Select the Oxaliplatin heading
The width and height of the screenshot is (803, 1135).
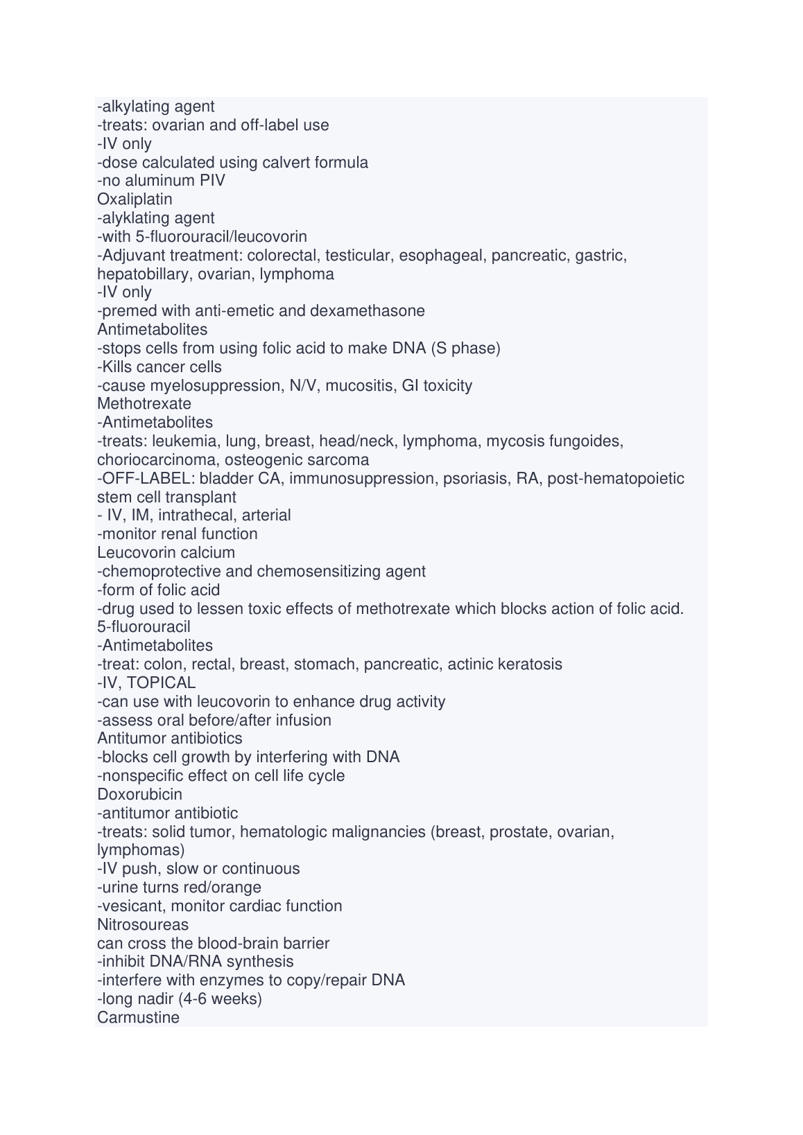(x=135, y=200)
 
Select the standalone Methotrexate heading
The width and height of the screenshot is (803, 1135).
(x=144, y=404)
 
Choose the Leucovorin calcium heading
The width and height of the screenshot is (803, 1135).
(x=166, y=553)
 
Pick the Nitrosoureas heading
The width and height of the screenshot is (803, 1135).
(x=143, y=925)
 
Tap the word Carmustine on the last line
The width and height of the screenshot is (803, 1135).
(x=138, y=1018)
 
